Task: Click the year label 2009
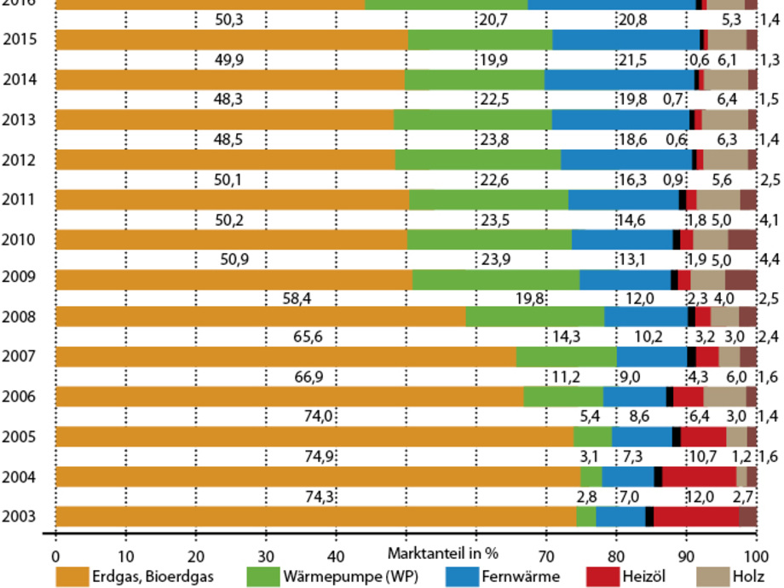19,278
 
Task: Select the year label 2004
19,476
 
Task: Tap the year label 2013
19,118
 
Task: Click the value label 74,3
318,497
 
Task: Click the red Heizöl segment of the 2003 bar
695,516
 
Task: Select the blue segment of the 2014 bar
620,79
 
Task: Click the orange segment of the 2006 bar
290,397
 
